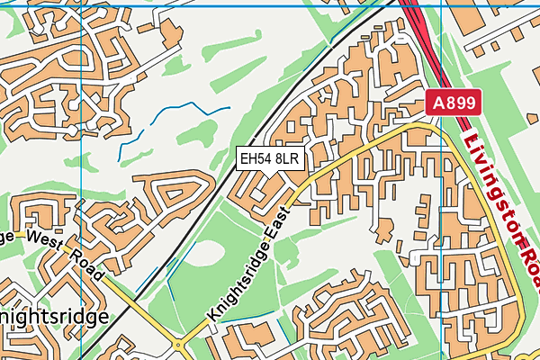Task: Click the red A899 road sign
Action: (454, 103)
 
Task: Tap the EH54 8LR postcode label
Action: (269, 159)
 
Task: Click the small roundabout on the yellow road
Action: (177, 344)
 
